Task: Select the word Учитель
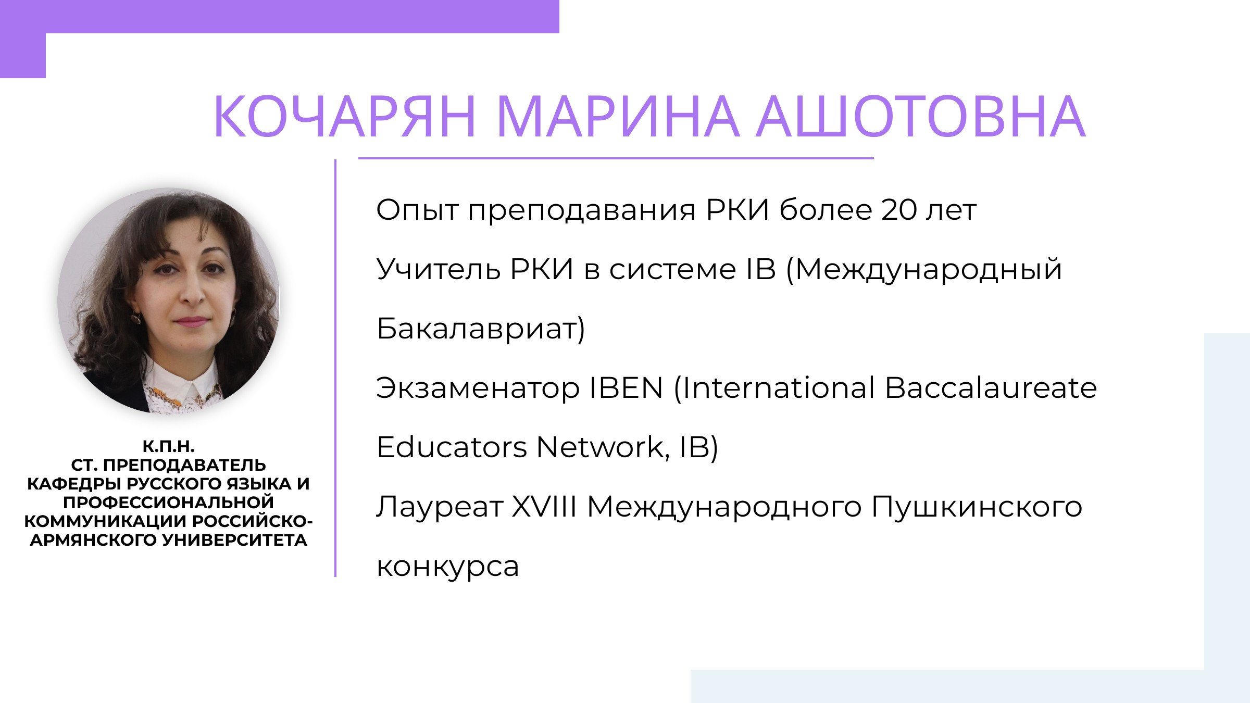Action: coord(438,270)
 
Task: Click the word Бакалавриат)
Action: coord(481,329)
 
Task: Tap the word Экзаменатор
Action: coord(478,388)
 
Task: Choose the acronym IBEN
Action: coord(626,388)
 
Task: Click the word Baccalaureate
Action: coord(991,388)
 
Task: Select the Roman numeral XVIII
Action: coord(544,507)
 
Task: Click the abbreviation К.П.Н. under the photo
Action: coord(169,447)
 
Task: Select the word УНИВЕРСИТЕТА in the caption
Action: coord(235,541)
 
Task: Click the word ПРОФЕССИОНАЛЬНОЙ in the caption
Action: coord(169,503)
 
